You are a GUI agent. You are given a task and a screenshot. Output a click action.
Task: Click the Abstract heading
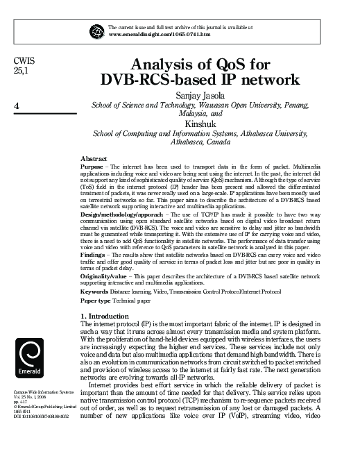94,160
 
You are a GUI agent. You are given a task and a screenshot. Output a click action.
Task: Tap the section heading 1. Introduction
110,317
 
